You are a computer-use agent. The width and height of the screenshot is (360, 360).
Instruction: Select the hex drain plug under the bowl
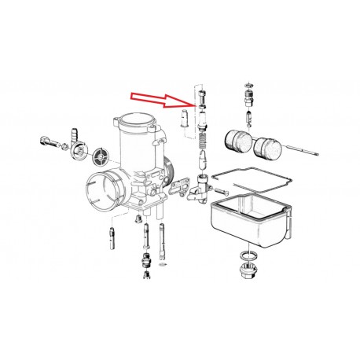(246, 275)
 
